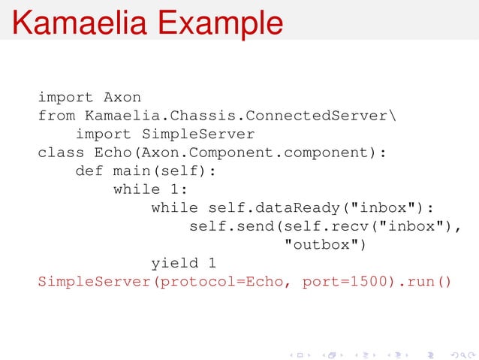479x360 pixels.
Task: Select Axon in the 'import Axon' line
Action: (122, 97)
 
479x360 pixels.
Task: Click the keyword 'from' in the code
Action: (56, 116)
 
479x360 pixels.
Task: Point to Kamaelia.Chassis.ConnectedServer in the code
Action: (236, 116)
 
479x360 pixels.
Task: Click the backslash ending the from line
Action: (396, 116)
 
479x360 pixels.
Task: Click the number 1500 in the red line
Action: (359, 283)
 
